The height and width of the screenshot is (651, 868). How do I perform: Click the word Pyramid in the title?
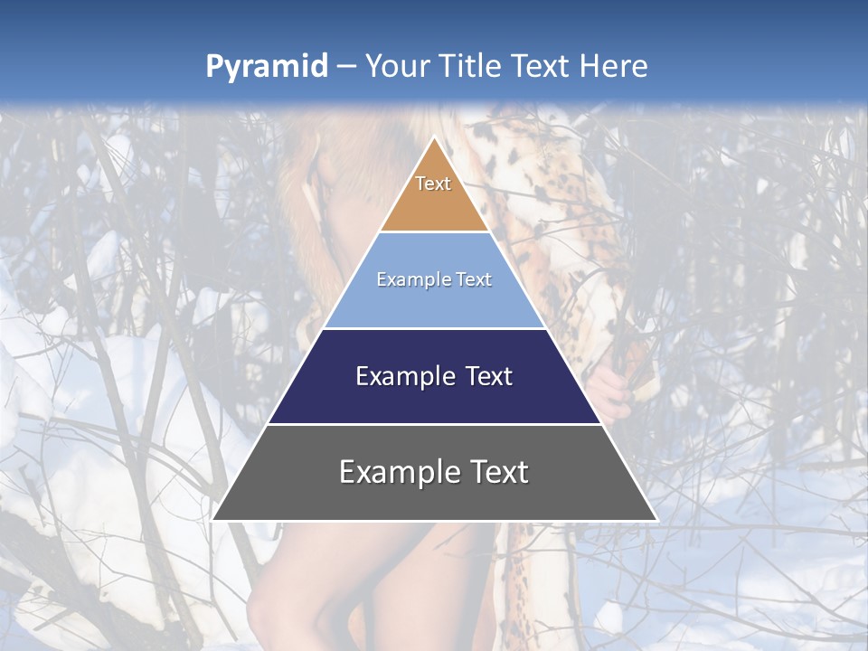(266, 67)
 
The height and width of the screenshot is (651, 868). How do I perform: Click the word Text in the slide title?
(542, 67)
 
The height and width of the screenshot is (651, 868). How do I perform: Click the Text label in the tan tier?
(433, 184)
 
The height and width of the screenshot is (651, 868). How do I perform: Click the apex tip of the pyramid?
(435, 137)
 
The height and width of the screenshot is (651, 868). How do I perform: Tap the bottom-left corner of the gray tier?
(213, 519)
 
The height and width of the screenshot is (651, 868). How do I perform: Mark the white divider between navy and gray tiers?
(434, 424)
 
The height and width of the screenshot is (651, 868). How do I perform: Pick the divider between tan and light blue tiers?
(434, 232)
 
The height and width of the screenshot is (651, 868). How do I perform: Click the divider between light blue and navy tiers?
(434, 328)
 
